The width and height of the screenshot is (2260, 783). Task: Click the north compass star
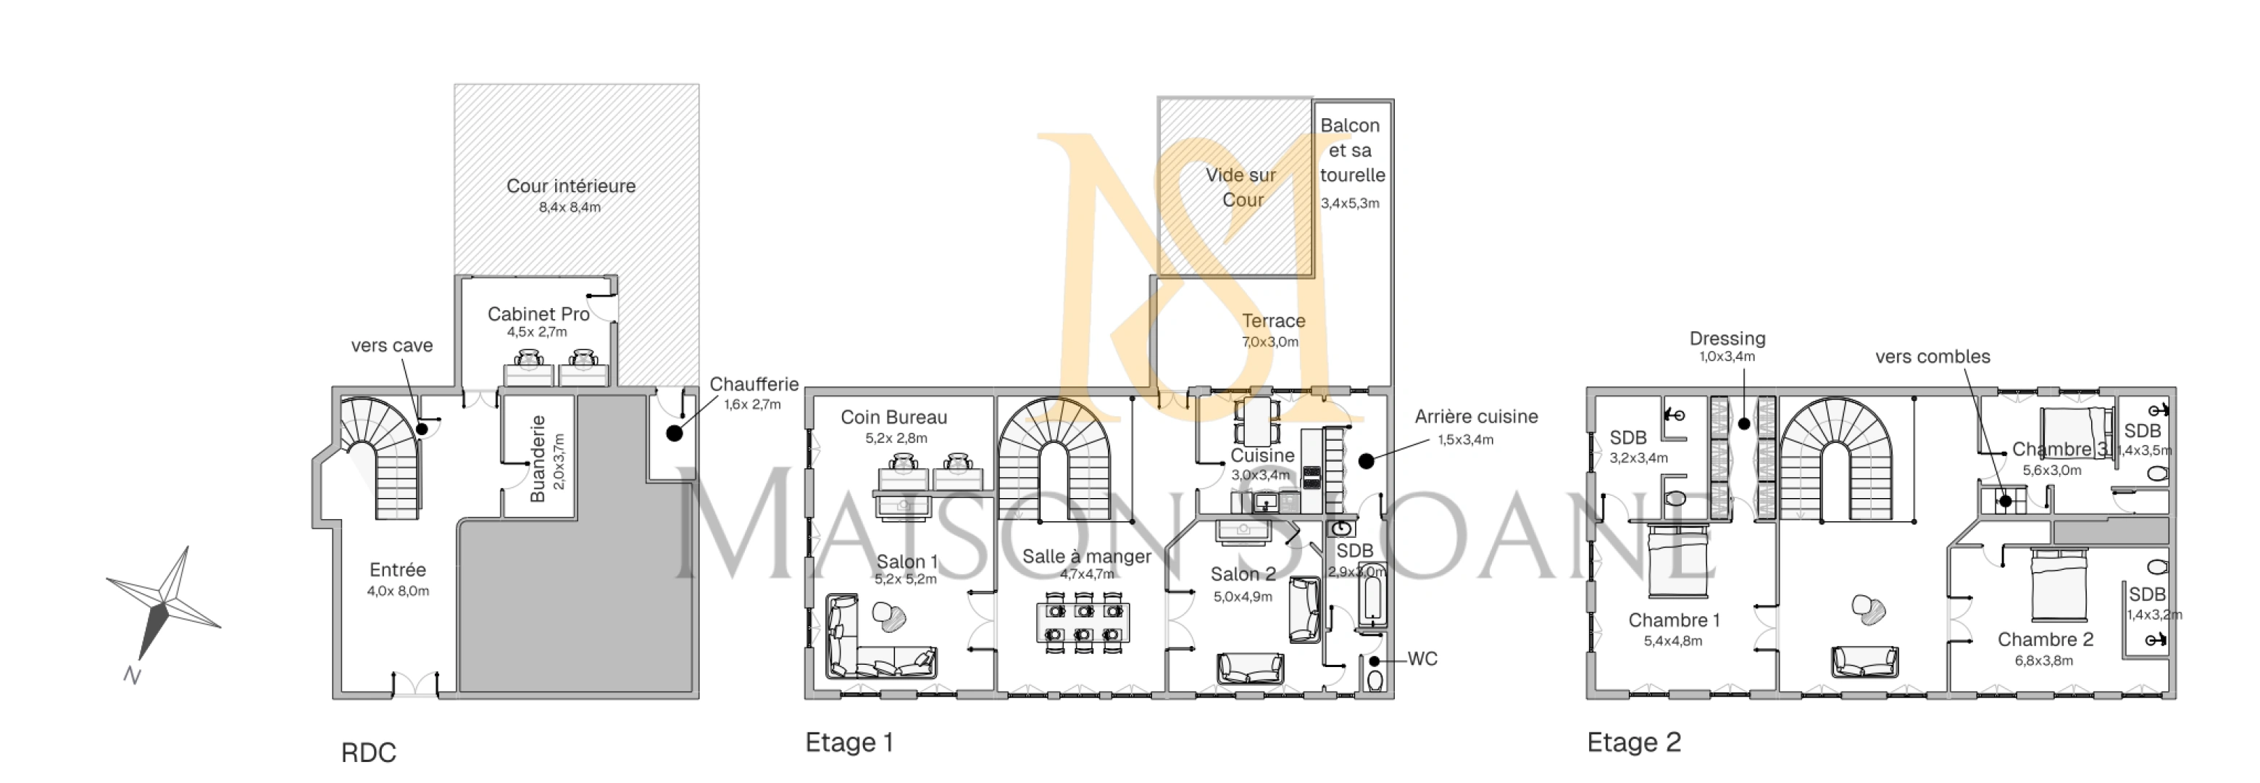click(x=164, y=604)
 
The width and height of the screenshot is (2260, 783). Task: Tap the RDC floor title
click(x=369, y=753)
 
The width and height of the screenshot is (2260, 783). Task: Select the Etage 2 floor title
click(x=1633, y=742)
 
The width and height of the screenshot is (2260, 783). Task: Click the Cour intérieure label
click(x=570, y=186)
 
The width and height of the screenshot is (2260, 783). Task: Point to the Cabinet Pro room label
click(x=538, y=313)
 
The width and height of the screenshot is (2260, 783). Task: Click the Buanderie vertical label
click(x=538, y=458)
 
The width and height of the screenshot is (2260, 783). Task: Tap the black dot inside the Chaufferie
click(x=674, y=433)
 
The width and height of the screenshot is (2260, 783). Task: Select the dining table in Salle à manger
click(x=1083, y=622)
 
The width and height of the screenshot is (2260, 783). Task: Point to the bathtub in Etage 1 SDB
click(x=1370, y=595)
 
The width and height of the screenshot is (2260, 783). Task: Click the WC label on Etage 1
click(x=1422, y=658)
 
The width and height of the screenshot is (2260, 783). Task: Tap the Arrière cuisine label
click(x=1476, y=417)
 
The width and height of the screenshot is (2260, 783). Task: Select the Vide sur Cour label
click(x=1241, y=187)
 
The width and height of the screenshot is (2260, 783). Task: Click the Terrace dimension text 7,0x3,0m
click(x=1269, y=341)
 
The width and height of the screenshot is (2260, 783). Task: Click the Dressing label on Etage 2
click(x=1727, y=338)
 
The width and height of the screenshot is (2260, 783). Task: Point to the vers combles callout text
click(x=1932, y=357)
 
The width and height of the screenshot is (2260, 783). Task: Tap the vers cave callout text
click(x=391, y=345)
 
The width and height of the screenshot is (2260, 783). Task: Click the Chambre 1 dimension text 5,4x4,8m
click(x=1673, y=641)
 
